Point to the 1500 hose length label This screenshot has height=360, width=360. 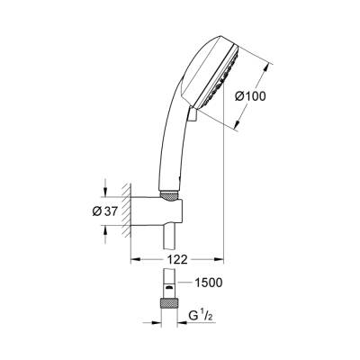point(209,283)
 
